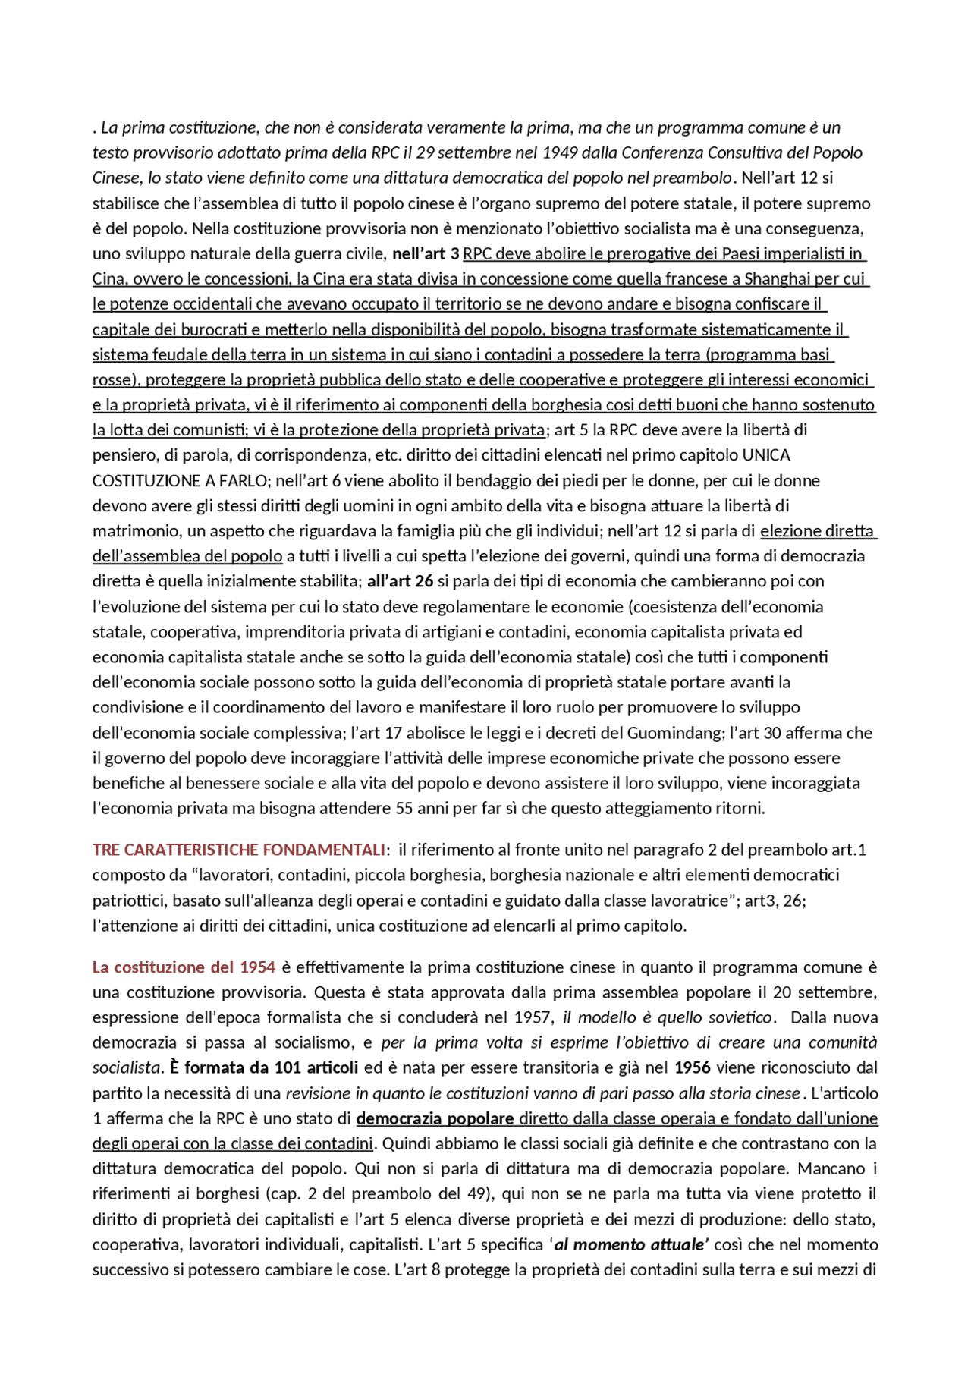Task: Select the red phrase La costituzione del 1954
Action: point(184,967)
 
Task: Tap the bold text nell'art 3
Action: point(426,253)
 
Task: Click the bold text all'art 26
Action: point(400,581)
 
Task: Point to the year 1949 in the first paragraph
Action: point(560,152)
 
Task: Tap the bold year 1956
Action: point(692,1067)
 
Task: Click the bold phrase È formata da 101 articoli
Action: point(263,1067)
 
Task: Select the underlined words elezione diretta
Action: point(817,531)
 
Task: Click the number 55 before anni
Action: point(404,808)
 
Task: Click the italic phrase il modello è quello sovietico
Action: point(667,1017)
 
